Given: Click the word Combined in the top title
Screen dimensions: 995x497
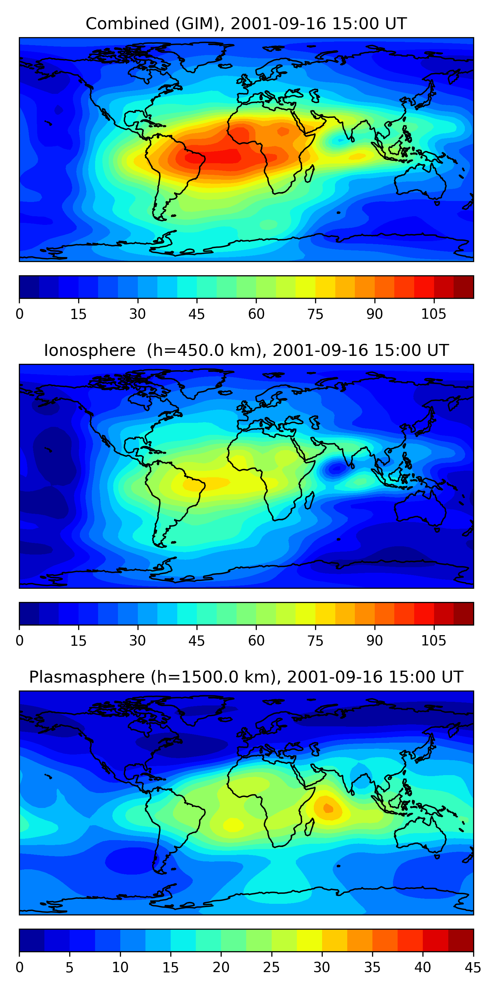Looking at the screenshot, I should click(x=127, y=24).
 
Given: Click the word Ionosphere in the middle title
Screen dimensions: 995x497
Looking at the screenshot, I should click(x=89, y=350).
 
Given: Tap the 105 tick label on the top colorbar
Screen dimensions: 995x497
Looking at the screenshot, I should click(x=433, y=314).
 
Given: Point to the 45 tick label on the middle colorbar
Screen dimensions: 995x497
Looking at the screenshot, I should click(x=196, y=640).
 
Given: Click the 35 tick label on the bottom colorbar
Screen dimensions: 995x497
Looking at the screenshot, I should click(x=372, y=967).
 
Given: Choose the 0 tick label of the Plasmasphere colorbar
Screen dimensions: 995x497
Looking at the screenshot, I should click(x=20, y=967).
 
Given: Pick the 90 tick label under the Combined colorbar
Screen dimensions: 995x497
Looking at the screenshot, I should click(x=374, y=314).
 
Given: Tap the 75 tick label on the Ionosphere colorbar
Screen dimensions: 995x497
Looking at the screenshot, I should click(x=315, y=640).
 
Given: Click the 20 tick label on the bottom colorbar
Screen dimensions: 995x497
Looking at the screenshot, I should click(x=221, y=967).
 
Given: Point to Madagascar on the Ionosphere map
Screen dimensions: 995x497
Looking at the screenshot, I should click(x=309, y=500).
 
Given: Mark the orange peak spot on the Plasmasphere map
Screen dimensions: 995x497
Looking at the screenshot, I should click(x=328, y=808).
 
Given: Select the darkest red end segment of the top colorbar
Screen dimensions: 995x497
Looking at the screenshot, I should click(x=464, y=287).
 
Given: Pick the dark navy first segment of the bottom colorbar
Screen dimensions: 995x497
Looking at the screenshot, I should click(x=31, y=940).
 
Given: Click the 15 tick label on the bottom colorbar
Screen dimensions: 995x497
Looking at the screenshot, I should click(x=170, y=967).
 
